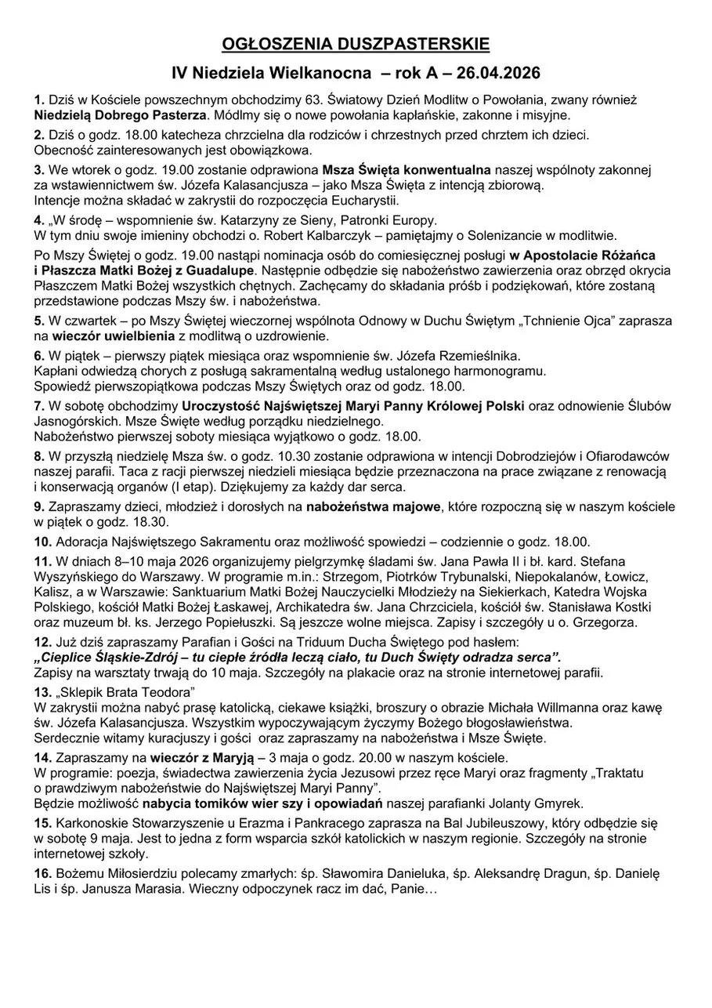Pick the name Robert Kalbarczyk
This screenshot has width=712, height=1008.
(300, 234)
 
